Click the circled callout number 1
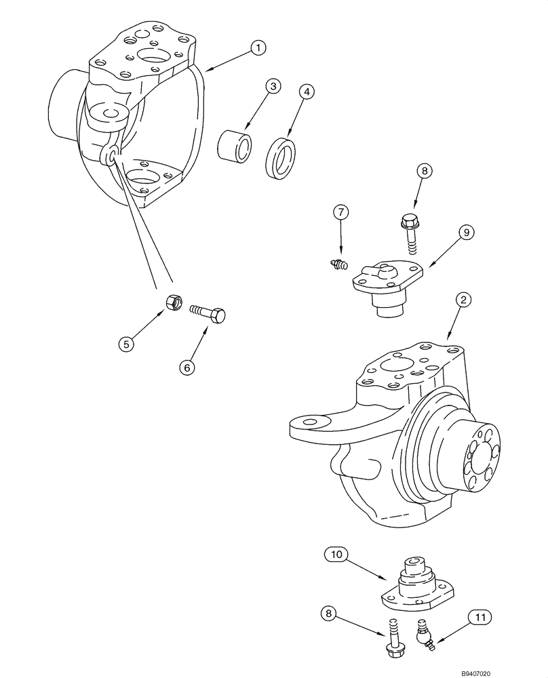[x=257, y=47]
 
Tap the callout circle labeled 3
[x=272, y=86]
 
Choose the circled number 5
[x=125, y=344]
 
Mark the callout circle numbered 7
[x=341, y=213]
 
